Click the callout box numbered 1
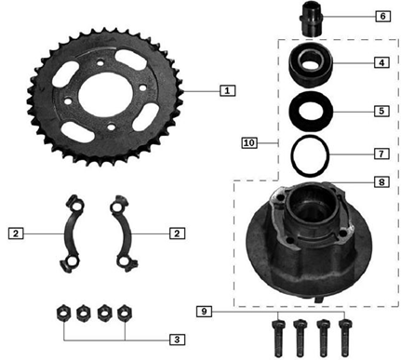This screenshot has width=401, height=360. (x=227, y=91)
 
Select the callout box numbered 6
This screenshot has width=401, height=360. (x=382, y=16)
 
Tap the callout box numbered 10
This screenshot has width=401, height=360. (x=249, y=143)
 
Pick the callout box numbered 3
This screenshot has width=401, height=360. (x=177, y=340)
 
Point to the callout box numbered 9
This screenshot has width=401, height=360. (x=204, y=312)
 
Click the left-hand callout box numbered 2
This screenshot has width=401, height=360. (x=16, y=233)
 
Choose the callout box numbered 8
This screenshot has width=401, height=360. (x=381, y=181)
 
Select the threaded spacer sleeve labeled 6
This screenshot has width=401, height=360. (x=311, y=23)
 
